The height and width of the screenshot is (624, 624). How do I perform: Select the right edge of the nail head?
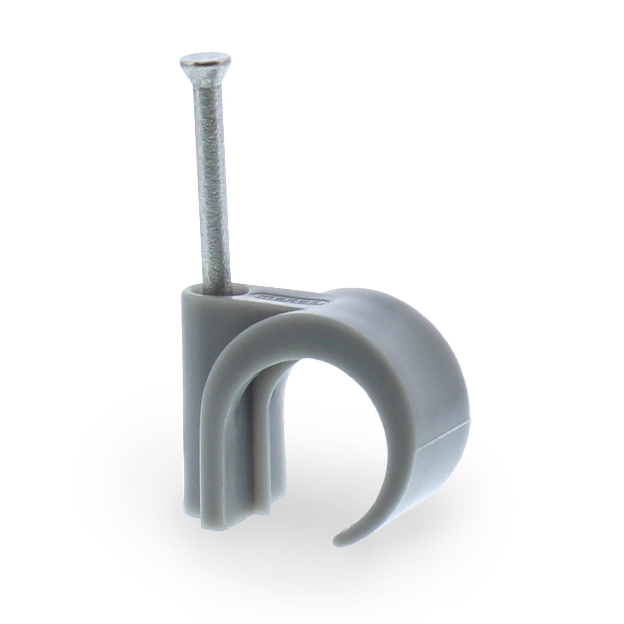230,60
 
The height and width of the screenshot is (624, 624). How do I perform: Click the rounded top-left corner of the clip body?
186,292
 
